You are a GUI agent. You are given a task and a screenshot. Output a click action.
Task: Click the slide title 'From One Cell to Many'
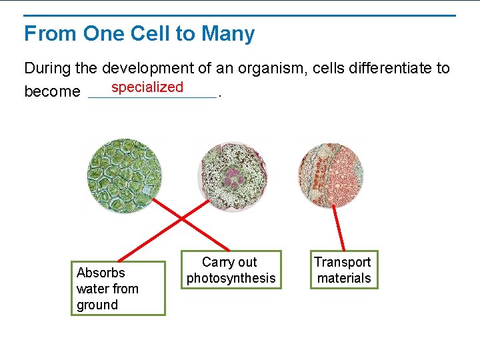click(x=139, y=33)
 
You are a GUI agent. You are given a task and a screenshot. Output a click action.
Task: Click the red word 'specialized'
click(x=147, y=87)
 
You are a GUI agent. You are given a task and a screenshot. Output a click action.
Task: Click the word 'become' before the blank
click(x=52, y=91)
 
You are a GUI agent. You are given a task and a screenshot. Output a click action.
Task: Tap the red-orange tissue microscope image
click(x=331, y=175)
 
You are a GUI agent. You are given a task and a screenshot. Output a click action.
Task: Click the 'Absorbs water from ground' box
click(x=118, y=288)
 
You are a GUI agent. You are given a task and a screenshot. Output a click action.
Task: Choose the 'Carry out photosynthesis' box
click(x=231, y=270)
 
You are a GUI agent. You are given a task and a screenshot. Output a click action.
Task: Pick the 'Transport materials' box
click(x=344, y=270)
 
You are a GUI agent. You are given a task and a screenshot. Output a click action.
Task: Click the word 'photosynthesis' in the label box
click(x=231, y=279)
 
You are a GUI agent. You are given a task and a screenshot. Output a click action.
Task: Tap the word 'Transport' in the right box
click(x=343, y=263)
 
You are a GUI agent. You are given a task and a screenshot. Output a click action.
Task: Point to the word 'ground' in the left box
click(x=97, y=305)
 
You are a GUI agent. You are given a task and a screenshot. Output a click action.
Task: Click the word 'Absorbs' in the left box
click(x=101, y=273)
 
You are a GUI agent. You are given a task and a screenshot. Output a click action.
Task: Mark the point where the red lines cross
click(x=181, y=218)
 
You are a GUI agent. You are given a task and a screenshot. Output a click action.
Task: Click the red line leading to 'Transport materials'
click(x=339, y=228)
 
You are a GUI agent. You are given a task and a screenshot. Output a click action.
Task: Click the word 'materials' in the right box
click(x=344, y=279)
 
